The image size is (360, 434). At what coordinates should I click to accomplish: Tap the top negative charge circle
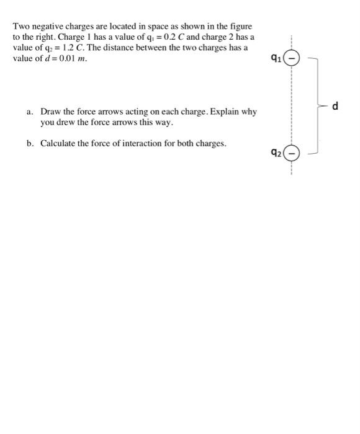(290, 60)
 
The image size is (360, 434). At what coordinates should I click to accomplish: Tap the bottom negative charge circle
(290, 153)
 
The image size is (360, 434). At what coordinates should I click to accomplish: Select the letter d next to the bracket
(336, 106)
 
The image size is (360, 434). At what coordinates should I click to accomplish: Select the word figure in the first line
(240, 27)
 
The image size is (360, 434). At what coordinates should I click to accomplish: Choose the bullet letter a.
(29, 112)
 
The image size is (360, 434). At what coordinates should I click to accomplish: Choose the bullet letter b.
(29, 144)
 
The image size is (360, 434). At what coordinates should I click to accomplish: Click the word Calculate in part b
(60, 144)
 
